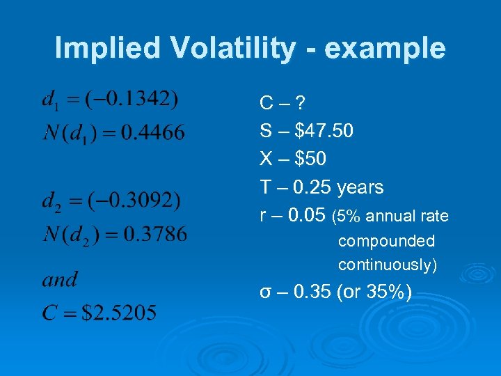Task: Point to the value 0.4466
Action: (x=153, y=132)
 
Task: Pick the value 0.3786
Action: (x=154, y=234)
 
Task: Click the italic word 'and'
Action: (x=60, y=280)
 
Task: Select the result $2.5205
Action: (x=119, y=313)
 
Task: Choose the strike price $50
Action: (x=310, y=159)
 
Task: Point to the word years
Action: (x=360, y=187)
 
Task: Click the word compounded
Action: (x=386, y=242)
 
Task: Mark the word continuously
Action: (x=387, y=265)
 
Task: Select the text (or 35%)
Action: (x=374, y=292)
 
